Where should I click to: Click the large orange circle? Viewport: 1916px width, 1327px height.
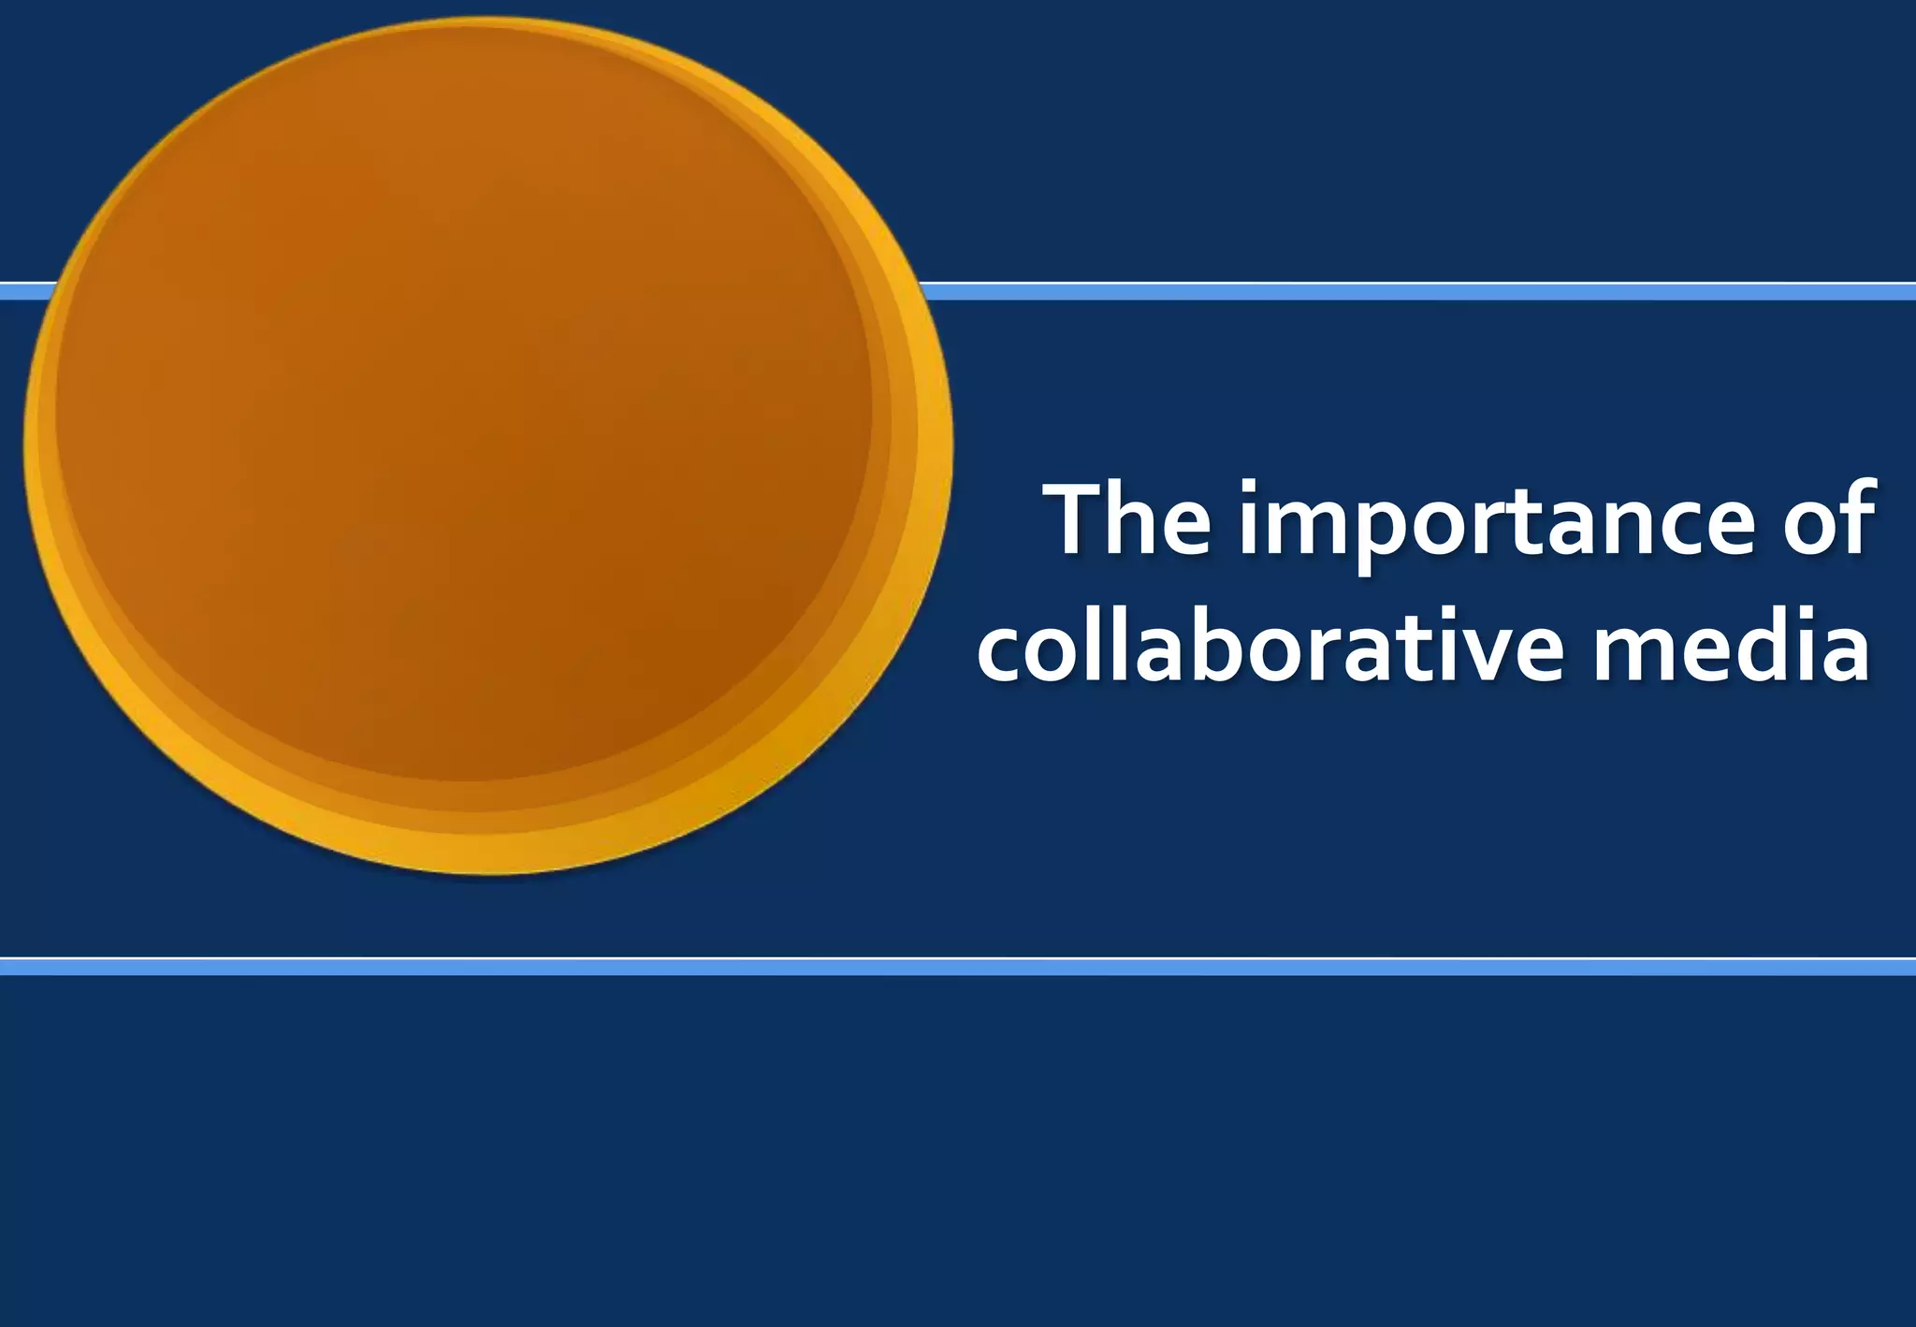click(468, 421)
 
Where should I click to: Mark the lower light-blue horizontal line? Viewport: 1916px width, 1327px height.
click(958, 967)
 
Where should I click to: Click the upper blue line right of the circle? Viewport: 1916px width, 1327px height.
click(1403, 292)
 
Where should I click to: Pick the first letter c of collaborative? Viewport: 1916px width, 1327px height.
click(1002, 651)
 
